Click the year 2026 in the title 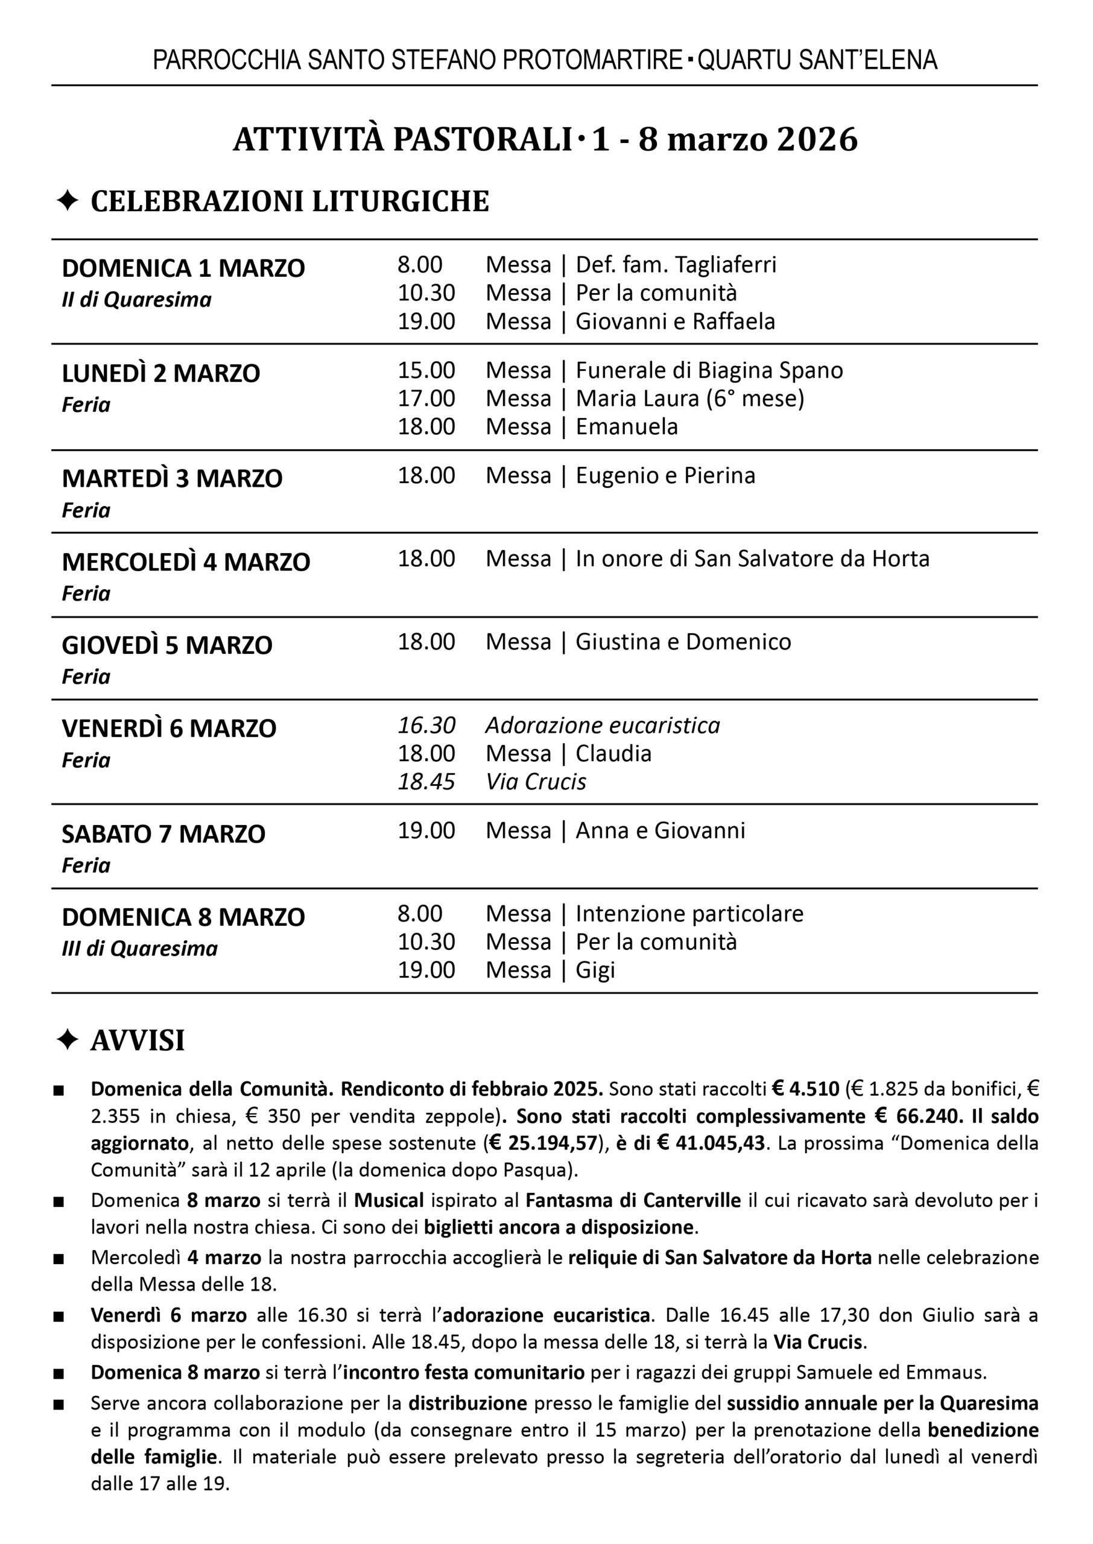[x=817, y=140]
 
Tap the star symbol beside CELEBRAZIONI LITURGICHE [x=68, y=201]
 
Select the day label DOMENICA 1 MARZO [x=183, y=268]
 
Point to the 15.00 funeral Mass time [x=426, y=371]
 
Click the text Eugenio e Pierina [x=665, y=476]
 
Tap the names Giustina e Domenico [x=683, y=642]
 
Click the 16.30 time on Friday [x=426, y=725]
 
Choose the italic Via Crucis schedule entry [x=536, y=782]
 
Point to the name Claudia [x=613, y=753]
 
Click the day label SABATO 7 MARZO [x=163, y=834]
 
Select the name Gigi [x=595, y=970]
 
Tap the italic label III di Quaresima [x=139, y=949]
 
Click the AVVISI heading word [x=138, y=1040]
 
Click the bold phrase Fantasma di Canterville [x=633, y=1200]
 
